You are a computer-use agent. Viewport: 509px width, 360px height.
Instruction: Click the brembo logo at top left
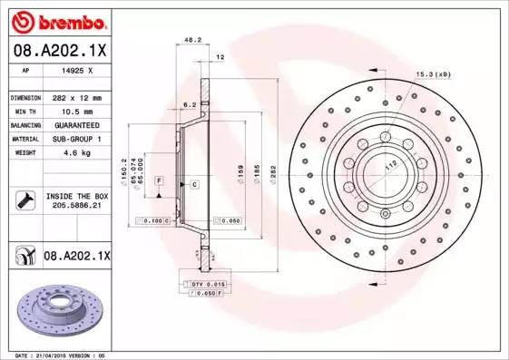(57, 20)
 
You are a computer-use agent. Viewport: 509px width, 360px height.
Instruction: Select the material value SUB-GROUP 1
(74, 139)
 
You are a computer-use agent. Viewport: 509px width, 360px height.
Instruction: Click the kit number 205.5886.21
(76, 206)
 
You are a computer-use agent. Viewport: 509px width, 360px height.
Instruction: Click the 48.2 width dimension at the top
(192, 41)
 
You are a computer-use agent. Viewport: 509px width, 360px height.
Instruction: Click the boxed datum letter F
(158, 182)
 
